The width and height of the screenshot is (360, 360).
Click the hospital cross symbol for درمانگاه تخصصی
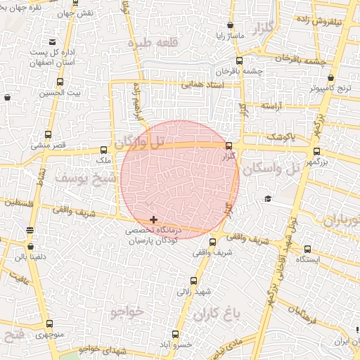tap(154, 220)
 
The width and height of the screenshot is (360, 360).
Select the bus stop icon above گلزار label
tap(229, 146)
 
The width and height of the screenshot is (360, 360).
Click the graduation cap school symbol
tap(268, 199)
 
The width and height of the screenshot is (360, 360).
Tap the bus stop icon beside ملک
tap(105, 150)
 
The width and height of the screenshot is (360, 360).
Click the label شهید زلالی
tap(193, 290)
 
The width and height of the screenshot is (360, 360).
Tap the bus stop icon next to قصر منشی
tap(48, 135)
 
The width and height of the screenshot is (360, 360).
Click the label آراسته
tap(271, 105)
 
